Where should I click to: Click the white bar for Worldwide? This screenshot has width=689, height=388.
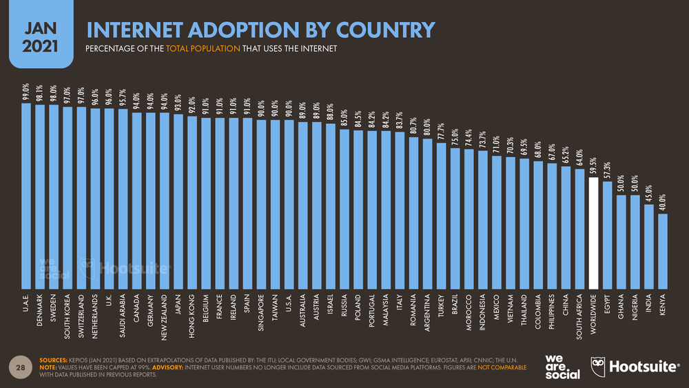(x=593, y=233)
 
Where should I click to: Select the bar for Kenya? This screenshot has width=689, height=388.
(x=663, y=252)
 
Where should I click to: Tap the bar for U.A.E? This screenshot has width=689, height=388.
(x=26, y=196)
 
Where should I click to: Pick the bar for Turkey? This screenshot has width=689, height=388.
(x=441, y=216)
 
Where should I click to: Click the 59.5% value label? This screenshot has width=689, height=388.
(x=593, y=167)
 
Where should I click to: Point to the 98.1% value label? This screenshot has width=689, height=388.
(x=39, y=94)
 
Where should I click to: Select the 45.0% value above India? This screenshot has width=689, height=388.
(x=649, y=194)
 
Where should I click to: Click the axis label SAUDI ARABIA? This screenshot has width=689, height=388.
(x=123, y=316)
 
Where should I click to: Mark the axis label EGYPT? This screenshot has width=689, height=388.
(x=607, y=304)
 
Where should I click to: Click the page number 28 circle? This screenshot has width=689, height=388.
(x=21, y=367)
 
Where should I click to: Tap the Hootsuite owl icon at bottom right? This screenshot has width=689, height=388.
(x=597, y=367)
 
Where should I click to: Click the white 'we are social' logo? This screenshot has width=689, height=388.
(x=562, y=367)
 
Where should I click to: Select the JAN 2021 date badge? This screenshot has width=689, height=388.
(x=41, y=34)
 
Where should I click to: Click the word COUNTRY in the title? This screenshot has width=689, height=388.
(x=385, y=30)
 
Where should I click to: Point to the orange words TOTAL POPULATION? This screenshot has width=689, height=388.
(x=203, y=48)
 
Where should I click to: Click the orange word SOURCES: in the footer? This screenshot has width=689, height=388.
(x=53, y=360)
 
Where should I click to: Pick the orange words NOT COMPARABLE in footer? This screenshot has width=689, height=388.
(x=502, y=367)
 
